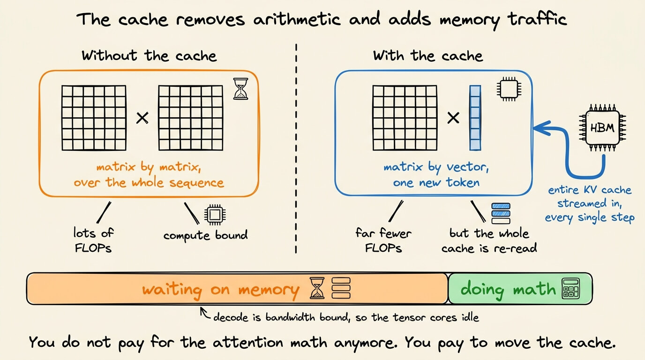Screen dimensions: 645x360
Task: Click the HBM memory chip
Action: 603,127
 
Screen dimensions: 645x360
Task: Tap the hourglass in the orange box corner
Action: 241,89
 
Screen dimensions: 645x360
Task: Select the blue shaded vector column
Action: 475,118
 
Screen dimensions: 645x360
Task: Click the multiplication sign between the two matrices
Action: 142,118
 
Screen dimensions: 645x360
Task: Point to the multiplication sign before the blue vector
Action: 453,118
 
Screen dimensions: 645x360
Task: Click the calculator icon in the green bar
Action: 571,288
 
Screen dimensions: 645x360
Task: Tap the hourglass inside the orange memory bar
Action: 317,288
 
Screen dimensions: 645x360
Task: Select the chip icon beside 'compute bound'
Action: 215,215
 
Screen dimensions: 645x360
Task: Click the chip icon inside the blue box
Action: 509,89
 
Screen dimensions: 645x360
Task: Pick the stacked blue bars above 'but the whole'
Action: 501,213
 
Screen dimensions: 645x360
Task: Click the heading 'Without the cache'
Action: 149,55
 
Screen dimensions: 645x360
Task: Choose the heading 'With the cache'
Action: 428,55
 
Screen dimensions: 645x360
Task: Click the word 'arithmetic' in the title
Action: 297,19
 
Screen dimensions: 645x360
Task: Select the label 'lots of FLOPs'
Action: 93,240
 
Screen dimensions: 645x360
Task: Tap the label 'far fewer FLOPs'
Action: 383,240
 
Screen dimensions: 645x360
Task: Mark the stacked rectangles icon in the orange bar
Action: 341,288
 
